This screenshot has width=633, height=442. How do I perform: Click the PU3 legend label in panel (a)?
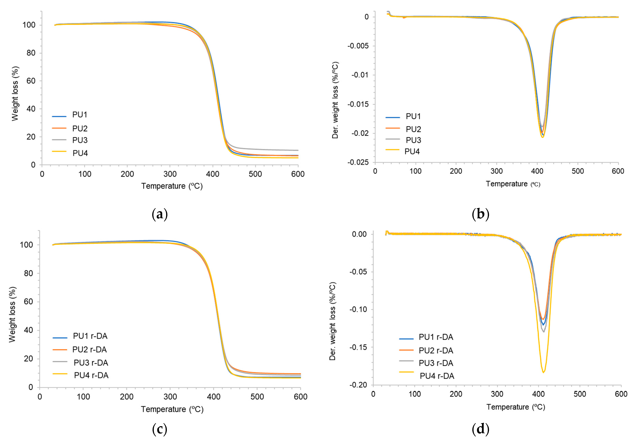(x=80, y=140)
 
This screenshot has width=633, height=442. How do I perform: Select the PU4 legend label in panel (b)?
(x=412, y=151)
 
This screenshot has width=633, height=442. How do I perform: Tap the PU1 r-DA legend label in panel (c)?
(x=90, y=336)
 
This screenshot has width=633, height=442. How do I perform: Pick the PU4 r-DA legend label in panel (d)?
(x=437, y=376)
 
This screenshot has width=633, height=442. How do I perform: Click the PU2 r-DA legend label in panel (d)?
(x=436, y=350)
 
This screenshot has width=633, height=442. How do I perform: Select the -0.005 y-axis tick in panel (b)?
(x=358, y=46)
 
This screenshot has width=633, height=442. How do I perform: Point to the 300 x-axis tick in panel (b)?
(x=496, y=171)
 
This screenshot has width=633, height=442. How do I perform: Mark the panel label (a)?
(x=160, y=214)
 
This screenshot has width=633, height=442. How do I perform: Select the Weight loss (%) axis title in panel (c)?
(x=12, y=314)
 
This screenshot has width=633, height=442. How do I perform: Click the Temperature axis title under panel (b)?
(x=513, y=184)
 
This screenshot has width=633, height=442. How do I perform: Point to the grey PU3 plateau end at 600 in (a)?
(x=297, y=150)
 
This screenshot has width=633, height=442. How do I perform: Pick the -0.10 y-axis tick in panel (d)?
(x=358, y=309)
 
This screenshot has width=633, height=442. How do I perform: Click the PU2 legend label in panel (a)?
(x=80, y=129)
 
